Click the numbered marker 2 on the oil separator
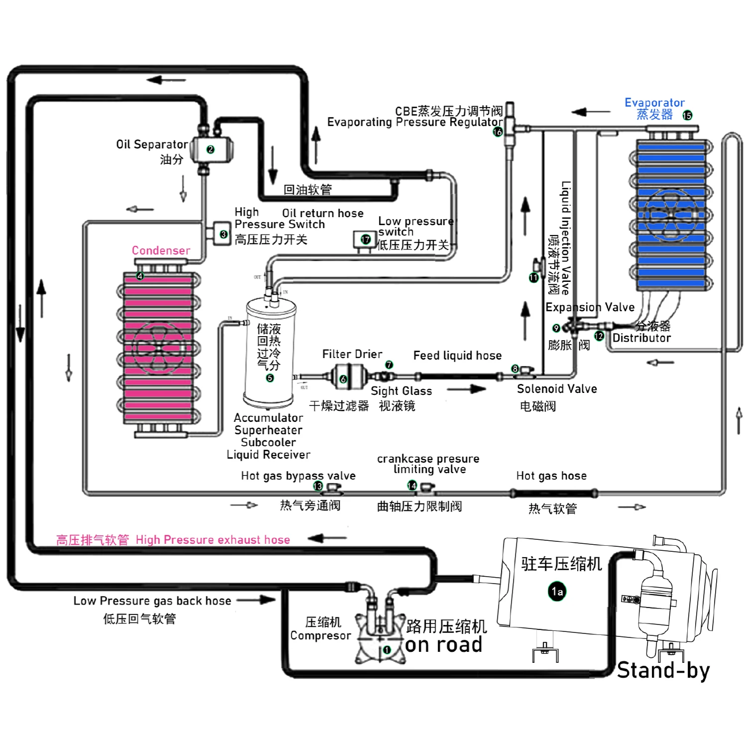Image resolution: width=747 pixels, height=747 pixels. pos(210,149)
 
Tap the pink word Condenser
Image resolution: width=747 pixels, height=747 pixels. pos(161,250)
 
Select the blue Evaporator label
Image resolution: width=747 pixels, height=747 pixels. pos(654,103)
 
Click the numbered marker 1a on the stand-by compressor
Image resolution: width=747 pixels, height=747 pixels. pos(557,591)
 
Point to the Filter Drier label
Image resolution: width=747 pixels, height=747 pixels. pos(352,354)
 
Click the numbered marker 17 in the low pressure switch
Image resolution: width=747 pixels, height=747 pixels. pos(366,240)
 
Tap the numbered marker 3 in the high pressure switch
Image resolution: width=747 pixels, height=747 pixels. pos(224,234)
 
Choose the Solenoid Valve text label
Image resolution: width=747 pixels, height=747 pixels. pos(557,389)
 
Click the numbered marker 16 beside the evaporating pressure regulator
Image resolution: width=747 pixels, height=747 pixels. pos(498,132)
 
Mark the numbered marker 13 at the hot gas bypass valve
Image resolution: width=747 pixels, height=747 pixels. pos(318,486)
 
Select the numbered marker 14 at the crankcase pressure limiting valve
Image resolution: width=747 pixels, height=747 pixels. pos(412,486)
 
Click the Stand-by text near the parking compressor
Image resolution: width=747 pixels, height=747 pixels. pos(663,670)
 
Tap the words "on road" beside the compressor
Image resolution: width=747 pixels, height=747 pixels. pos(444,645)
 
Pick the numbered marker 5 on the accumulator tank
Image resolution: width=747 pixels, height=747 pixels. pos(270,378)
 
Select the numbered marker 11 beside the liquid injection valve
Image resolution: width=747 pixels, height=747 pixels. pos(533,277)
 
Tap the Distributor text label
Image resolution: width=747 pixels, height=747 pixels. pos(641,338)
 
